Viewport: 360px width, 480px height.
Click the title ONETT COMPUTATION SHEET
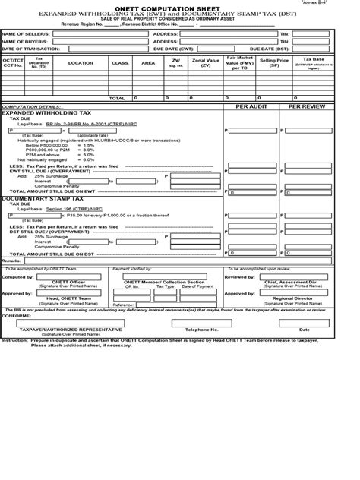click(179, 8)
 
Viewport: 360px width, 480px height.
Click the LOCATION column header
click(80, 63)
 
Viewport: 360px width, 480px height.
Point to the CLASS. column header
click(120, 63)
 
